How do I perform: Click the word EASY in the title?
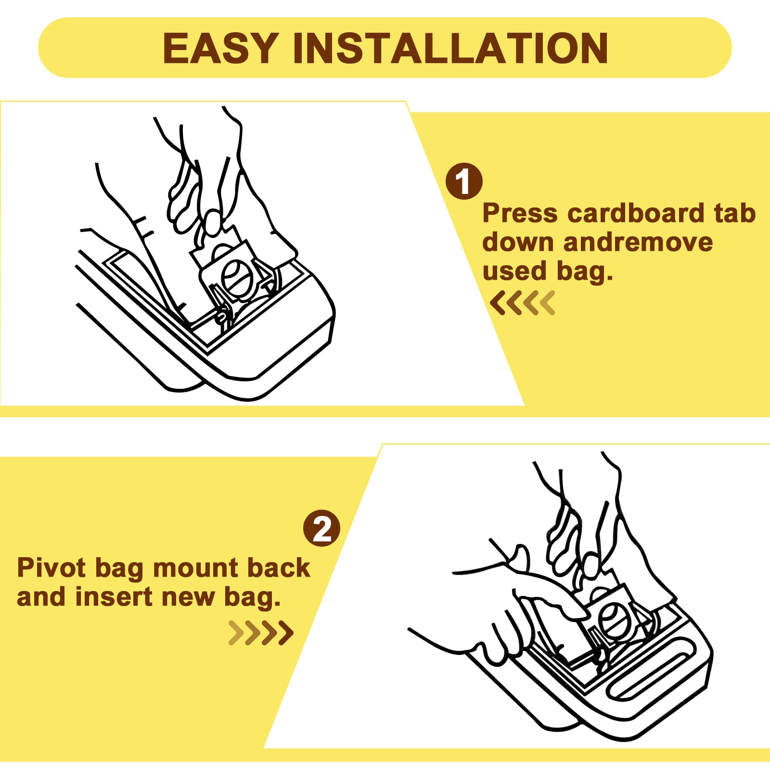[220, 48]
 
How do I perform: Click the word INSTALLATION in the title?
[450, 48]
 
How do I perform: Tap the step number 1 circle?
[464, 181]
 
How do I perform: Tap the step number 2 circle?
[321, 528]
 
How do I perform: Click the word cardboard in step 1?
[636, 213]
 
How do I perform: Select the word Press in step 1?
[520, 213]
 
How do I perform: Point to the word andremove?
[638, 242]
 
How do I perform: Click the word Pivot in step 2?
[51, 567]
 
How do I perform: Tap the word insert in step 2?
[114, 597]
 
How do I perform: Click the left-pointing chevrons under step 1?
[523, 303]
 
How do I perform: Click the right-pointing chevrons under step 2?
[261, 633]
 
